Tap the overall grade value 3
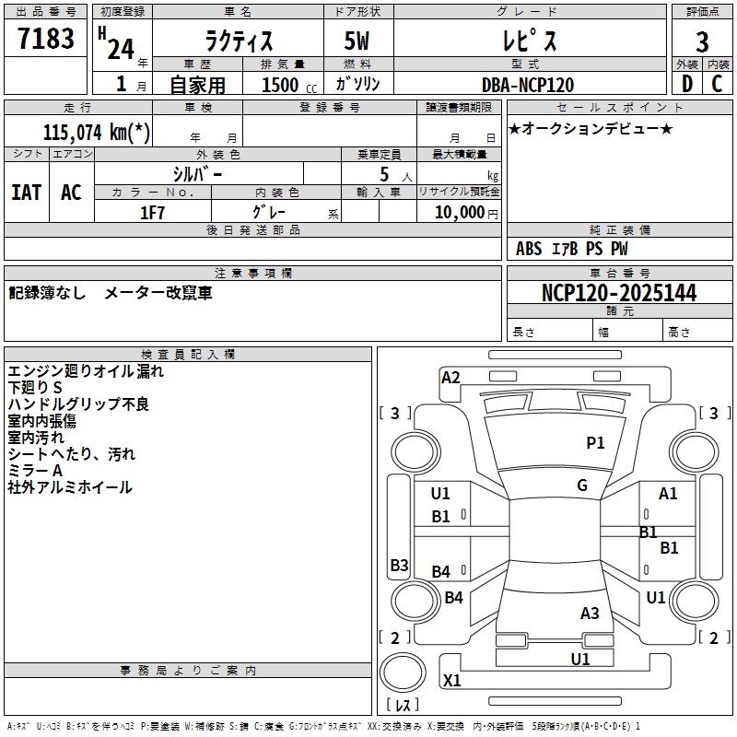pos(702,42)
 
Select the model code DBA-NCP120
pos(528,85)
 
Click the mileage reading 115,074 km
pos(97,132)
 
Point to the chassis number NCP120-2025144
pos(619,293)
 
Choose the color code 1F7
pos(152,212)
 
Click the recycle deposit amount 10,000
pos(457,212)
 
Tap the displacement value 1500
pos(281,85)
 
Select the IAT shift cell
pos(26,193)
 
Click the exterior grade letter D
pos(686,84)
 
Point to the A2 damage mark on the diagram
pos(450,377)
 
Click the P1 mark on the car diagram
pos(595,443)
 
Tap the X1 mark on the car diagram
pos(452,681)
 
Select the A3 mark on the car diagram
pos(590,613)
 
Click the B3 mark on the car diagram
pos(399,566)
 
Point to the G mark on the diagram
pos(582,485)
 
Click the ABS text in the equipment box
pos(529,248)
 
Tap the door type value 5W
pos(358,42)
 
